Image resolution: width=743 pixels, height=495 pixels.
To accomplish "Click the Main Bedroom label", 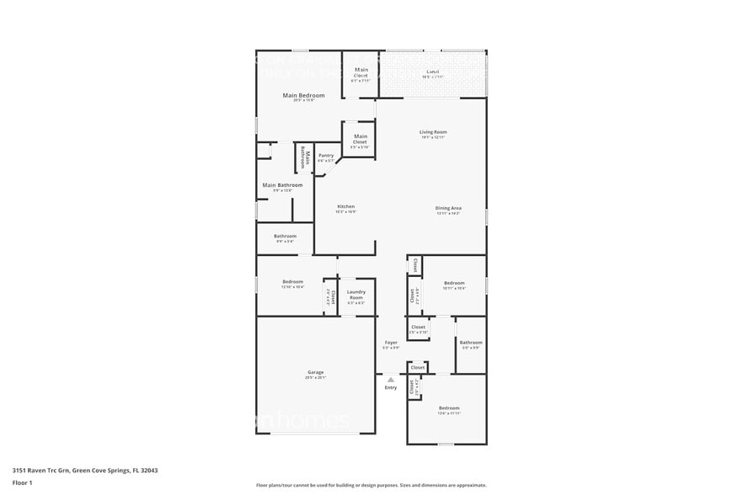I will click(x=303, y=96).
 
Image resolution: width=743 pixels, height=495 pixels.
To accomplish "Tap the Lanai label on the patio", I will click(x=433, y=72).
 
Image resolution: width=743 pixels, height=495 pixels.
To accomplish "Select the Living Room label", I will click(x=433, y=132).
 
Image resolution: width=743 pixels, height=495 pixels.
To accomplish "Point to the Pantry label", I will click(x=326, y=156).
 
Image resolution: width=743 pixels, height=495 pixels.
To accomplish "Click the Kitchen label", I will click(x=346, y=207).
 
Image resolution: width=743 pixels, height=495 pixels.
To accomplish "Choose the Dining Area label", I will click(x=448, y=208).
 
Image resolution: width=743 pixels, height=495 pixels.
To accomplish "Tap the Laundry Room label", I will click(x=355, y=295).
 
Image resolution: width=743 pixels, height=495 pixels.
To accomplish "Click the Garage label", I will click(x=315, y=372).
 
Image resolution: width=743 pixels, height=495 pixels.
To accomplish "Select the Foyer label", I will click(x=391, y=343).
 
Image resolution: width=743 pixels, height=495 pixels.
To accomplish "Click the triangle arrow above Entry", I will click(x=391, y=380).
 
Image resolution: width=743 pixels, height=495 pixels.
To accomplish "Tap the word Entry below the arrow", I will click(x=391, y=388).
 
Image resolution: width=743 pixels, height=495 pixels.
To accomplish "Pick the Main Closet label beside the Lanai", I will click(x=361, y=72).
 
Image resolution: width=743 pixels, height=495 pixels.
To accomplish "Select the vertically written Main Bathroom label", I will click(x=306, y=159).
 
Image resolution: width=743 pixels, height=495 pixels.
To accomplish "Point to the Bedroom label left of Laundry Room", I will click(x=292, y=282).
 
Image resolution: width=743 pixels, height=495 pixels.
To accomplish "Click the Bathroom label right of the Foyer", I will click(x=471, y=343).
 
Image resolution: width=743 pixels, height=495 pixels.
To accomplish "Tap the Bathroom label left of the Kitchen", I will click(x=285, y=237).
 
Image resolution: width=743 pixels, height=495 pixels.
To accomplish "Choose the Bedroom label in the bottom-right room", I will click(x=448, y=408).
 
